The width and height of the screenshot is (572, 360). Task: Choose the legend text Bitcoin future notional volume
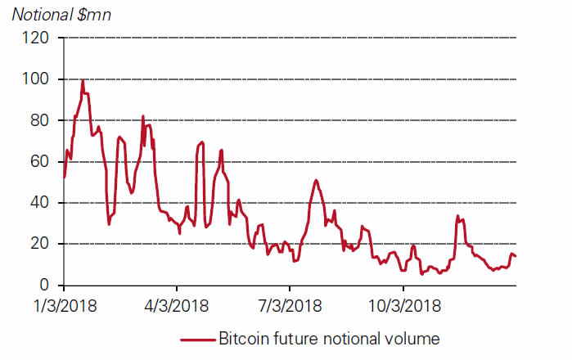click(330, 338)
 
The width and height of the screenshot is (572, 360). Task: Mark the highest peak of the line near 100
click(83, 80)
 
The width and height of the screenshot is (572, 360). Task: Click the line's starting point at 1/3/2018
click(64, 177)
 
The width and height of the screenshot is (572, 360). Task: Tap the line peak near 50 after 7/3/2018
click(316, 180)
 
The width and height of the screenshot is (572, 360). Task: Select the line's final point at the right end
click(516, 257)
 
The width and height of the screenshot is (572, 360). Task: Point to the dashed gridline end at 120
click(516, 38)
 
